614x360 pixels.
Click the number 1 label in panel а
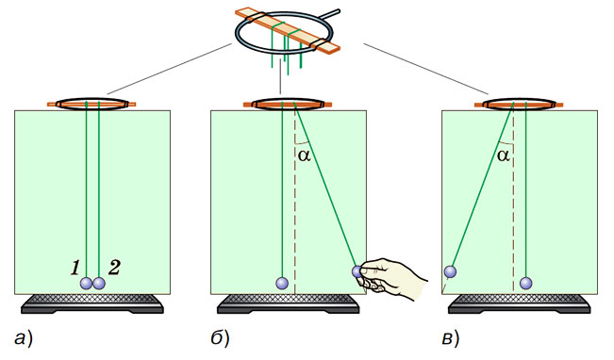(75, 268)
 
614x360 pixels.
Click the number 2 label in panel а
(114, 268)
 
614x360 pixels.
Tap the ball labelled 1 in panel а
(86, 283)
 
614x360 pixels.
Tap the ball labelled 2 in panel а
(99, 283)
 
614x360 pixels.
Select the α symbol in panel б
(305, 155)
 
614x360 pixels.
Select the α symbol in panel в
(504, 155)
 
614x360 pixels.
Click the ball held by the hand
(357, 271)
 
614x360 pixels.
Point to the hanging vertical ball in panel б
(282, 283)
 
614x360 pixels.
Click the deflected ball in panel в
(450, 271)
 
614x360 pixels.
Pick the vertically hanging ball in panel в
(526, 283)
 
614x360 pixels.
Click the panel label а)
(23, 339)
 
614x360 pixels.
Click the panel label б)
(220, 338)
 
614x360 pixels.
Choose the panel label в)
(450, 339)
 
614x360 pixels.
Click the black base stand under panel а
(92, 303)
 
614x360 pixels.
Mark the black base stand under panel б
(289, 303)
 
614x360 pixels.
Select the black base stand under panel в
(520, 303)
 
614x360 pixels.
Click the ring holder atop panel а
(92, 104)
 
